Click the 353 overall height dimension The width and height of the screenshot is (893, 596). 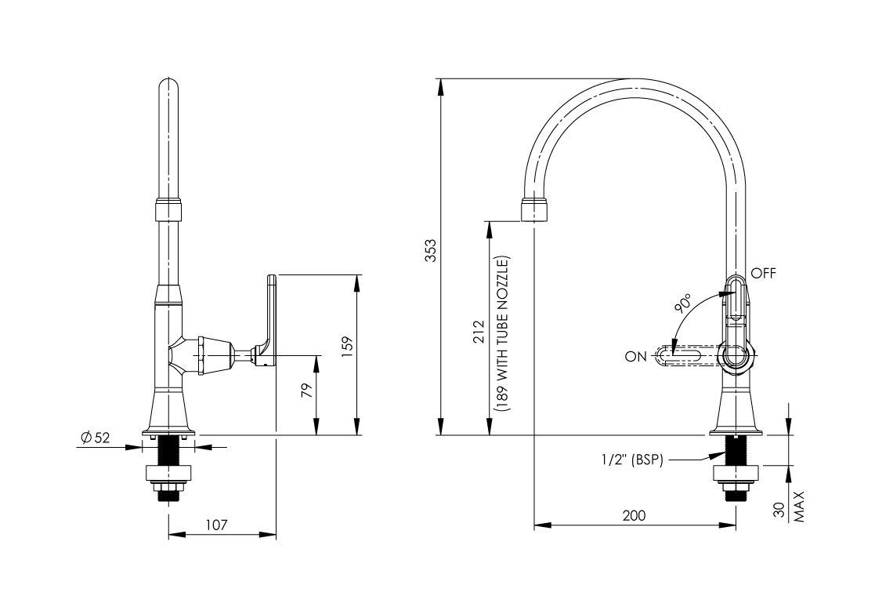click(430, 250)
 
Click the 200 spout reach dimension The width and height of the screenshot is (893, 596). click(634, 516)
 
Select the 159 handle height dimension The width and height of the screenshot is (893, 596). click(347, 346)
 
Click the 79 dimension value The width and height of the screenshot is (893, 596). click(307, 390)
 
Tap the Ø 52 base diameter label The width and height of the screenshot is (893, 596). click(96, 438)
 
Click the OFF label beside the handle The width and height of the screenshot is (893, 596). click(763, 274)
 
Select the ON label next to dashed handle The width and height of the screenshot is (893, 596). click(635, 357)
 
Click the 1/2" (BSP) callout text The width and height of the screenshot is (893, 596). click(631, 460)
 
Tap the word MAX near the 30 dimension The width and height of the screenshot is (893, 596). click(799, 507)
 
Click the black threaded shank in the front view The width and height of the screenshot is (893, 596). click(169, 450)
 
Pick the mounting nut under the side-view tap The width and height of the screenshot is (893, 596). click(736, 474)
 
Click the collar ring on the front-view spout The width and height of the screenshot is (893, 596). click(169, 209)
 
